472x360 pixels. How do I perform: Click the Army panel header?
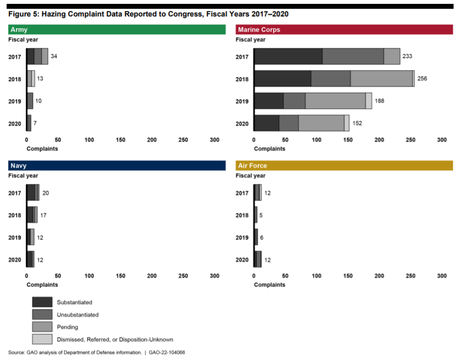(x=117, y=30)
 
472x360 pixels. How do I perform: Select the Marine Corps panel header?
(x=344, y=30)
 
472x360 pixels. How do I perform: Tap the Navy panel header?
(x=117, y=165)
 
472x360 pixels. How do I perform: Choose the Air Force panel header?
(x=344, y=165)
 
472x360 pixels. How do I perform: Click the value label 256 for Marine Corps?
(x=422, y=78)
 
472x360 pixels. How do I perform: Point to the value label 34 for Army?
(x=54, y=56)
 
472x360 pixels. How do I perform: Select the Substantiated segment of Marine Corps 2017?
(x=288, y=56)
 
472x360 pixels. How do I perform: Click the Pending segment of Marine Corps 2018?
(x=382, y=78)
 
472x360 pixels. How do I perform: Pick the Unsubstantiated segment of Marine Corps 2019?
(x=294, y=101)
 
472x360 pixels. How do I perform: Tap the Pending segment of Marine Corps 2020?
(x=321, y=123)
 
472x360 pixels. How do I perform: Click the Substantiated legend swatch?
(x=42, y=302)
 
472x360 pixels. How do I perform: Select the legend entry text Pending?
(x=67, y=327)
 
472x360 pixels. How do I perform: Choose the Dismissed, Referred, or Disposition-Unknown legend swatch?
(x=42, y=339)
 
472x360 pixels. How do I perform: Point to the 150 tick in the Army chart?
(x=121, y=140)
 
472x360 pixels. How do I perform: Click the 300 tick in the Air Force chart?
(x=442, y=276)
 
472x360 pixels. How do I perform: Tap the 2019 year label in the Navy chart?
(x=15, y=237)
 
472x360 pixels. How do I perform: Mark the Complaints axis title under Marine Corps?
(x=269, y=148)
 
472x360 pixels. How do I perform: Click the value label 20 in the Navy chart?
(x=46, y=193)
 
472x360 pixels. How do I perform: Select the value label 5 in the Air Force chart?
(x=261, y=215)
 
